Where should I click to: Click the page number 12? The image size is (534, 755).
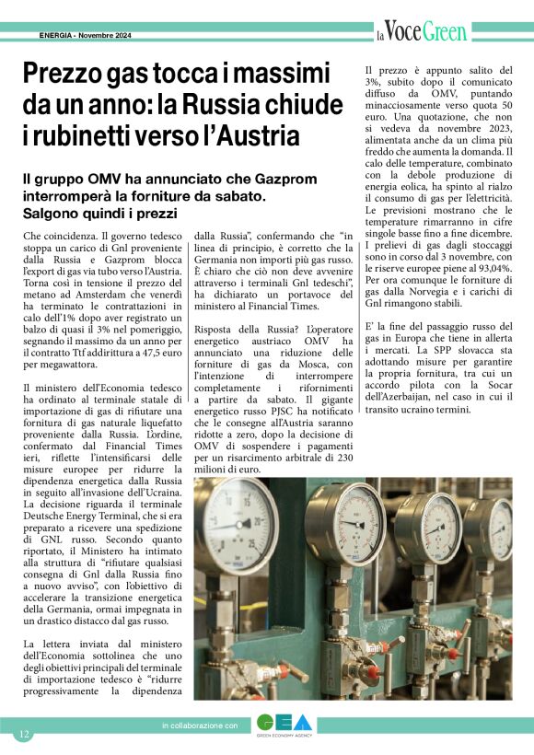click(24, 734)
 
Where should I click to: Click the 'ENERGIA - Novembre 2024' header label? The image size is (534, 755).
click(87, 36)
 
